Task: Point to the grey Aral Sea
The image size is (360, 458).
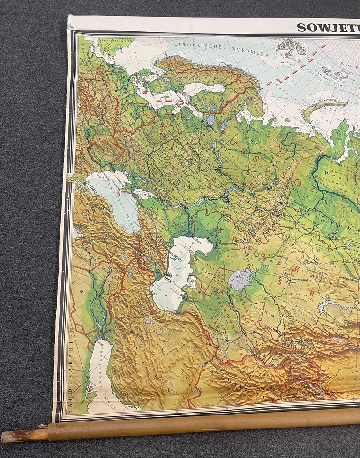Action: coord(240,280)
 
